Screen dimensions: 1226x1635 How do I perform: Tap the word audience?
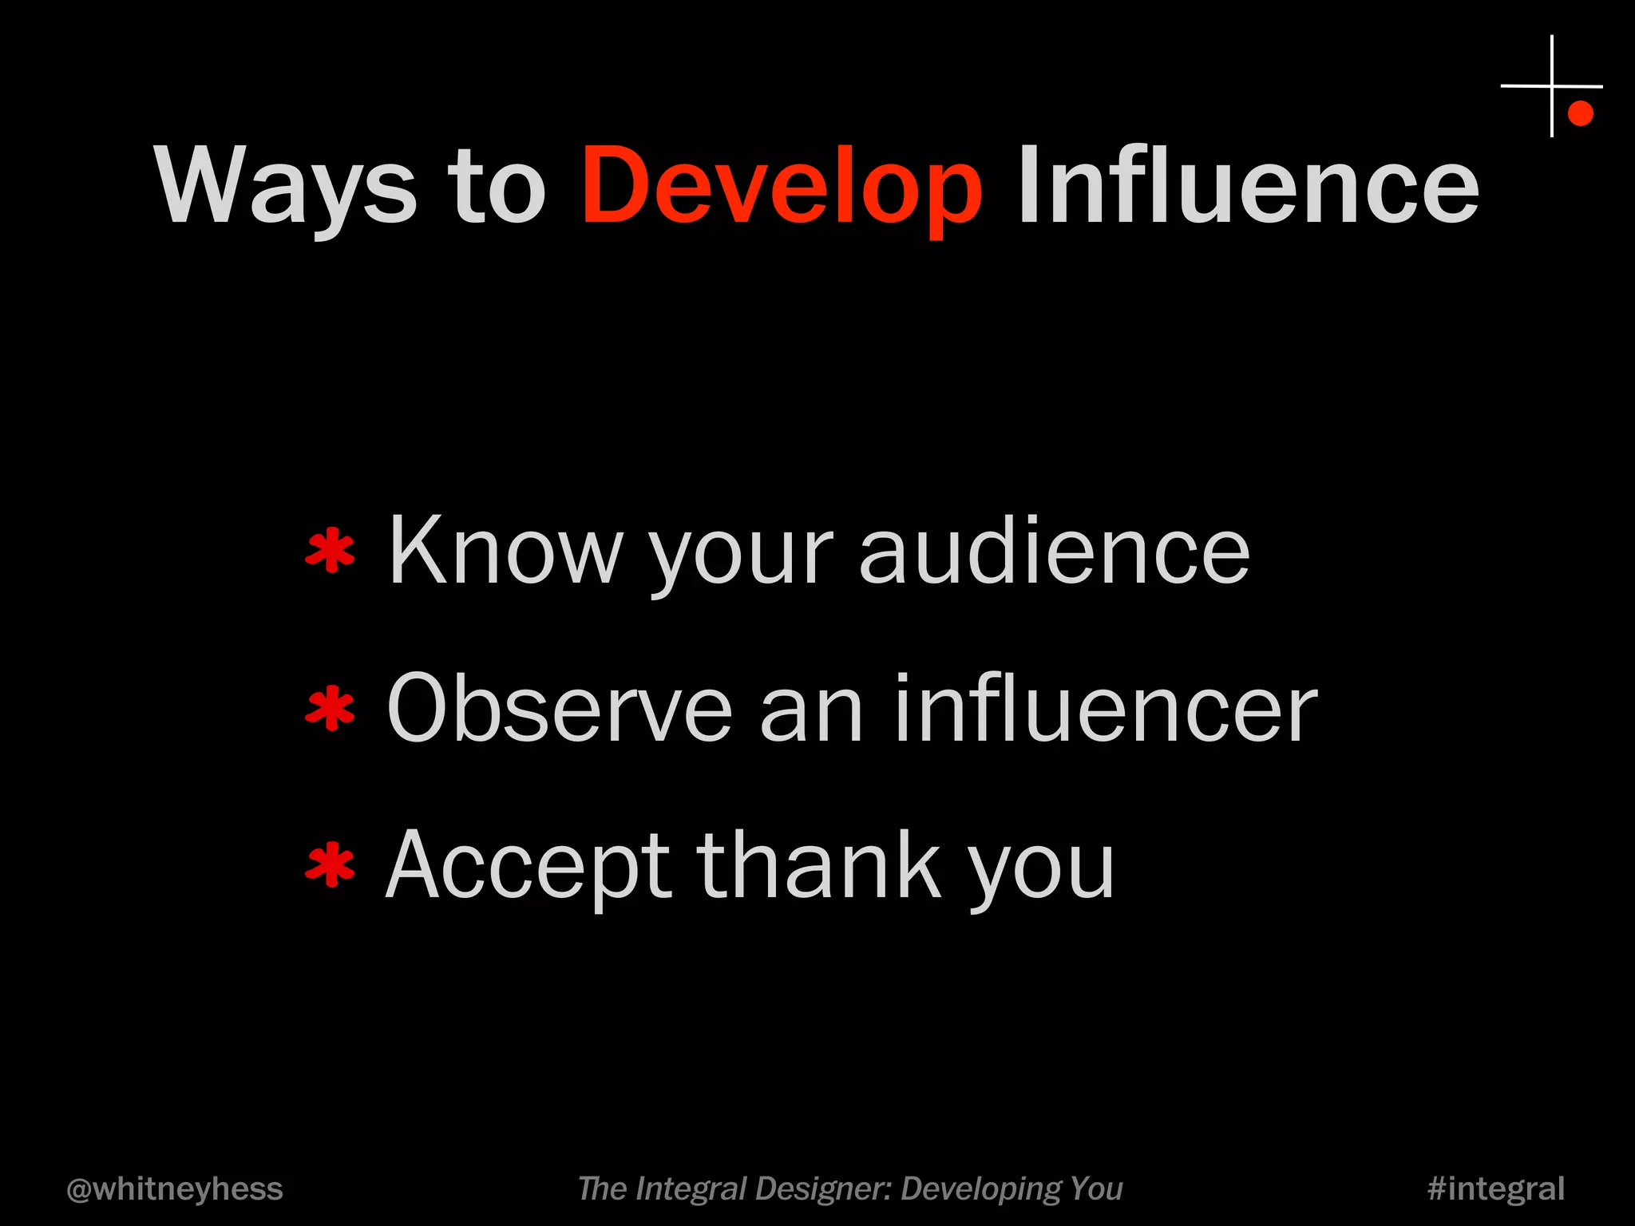click(1054, 551)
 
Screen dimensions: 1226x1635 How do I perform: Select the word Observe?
click(559, 709)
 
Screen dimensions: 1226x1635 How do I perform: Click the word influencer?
click(1106, 709)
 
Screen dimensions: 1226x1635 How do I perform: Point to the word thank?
click(819, 866)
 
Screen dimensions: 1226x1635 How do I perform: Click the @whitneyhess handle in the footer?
click(175, 1188)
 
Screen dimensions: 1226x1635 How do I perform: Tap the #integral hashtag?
click(1495, 1188)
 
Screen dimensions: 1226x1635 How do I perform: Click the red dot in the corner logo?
click(1580, 113)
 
